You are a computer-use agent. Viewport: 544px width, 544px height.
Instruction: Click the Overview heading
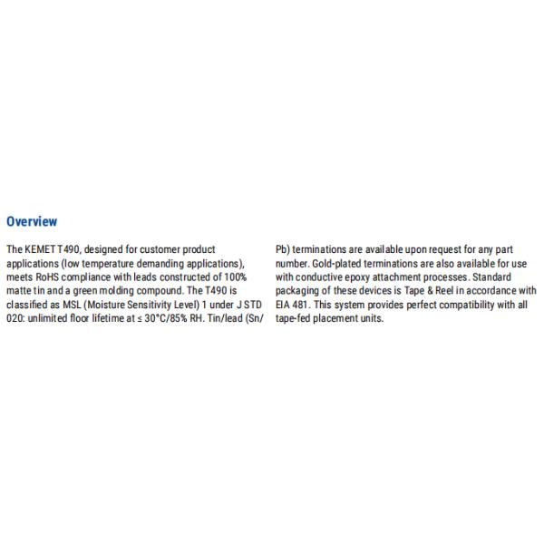32,221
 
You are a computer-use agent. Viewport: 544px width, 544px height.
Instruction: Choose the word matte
19,291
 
